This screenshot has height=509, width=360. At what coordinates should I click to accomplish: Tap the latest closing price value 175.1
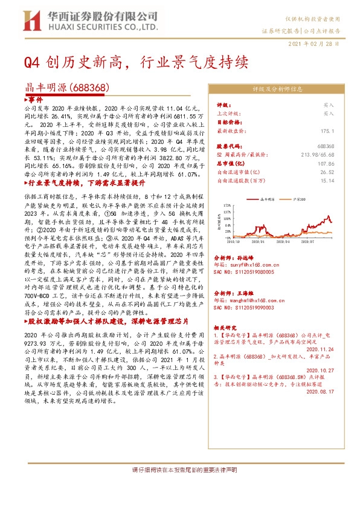tap(328, 130)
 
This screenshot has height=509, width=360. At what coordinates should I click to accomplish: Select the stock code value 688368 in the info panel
tap(326, 146)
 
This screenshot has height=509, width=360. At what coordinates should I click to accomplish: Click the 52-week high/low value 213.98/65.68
tap(317, 154)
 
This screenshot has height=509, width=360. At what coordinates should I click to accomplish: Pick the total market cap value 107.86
tap(326, 163)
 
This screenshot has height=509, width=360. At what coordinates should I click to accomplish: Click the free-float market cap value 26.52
tap(328, 171)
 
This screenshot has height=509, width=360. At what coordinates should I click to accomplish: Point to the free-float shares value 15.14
tap(328, 180)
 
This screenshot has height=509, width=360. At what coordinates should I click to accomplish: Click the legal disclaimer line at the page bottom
tap(179, 487)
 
